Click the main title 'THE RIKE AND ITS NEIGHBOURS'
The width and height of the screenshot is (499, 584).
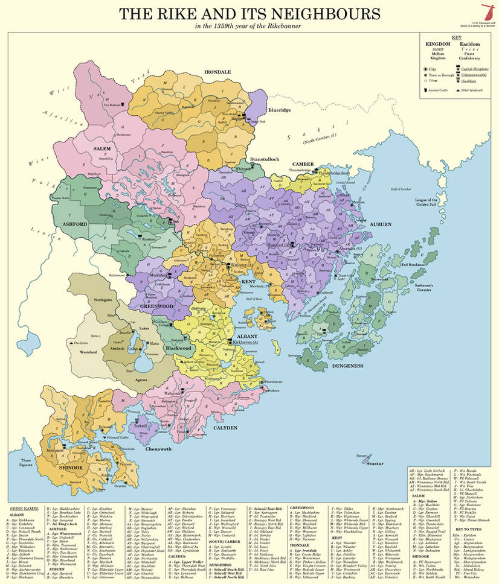tap(249, 14)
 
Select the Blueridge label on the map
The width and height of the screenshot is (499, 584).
tap(279, 110)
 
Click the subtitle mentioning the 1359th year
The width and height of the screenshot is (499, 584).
tap(249, 27)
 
